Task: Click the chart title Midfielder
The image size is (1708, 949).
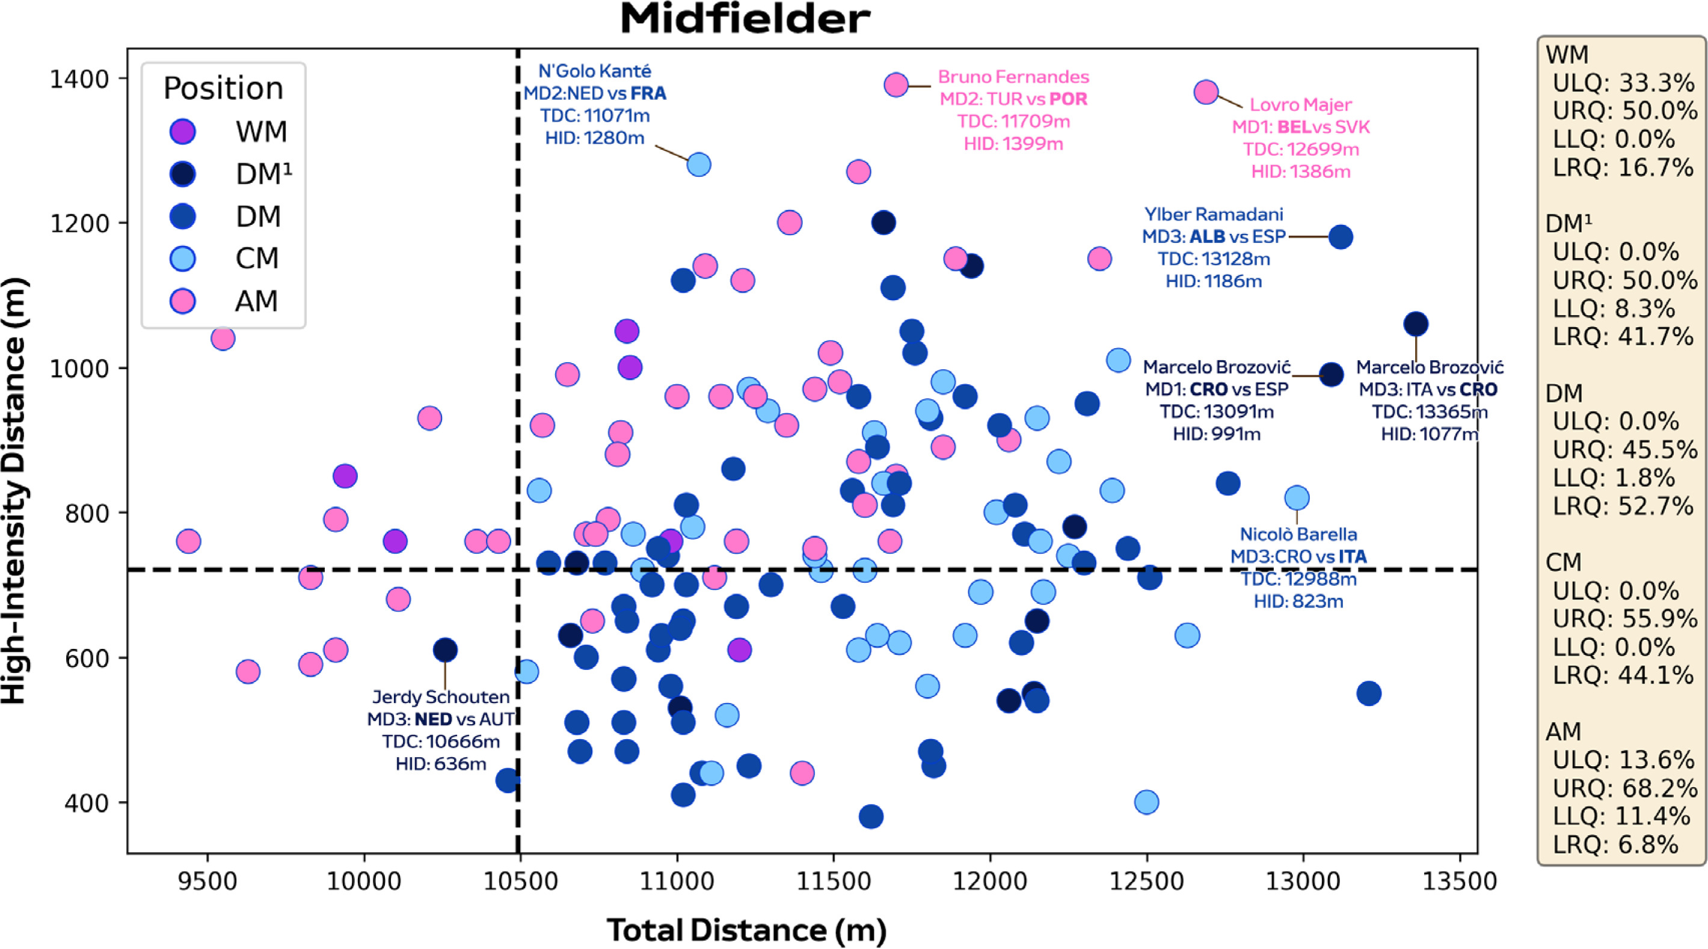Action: click(745, 20)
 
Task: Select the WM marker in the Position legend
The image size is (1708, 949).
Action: click(182, 131)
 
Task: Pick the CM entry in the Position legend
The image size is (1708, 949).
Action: click(257, 259)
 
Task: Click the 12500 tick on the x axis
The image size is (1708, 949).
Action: click(1146, 882)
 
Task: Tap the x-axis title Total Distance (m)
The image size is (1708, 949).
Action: click(746, 930)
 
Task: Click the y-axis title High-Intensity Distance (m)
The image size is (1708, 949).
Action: click(14, 491)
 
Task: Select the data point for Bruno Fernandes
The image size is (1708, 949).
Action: click(895, 85)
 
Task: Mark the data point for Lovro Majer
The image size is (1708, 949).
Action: click(1206, 92)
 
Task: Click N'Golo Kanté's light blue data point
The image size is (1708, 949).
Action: click(699, 164)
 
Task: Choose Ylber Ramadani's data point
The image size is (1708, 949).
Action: click(1341, 237)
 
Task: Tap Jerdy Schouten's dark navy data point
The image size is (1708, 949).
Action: click(445, 650)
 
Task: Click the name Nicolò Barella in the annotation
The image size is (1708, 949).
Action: click(1298, 534)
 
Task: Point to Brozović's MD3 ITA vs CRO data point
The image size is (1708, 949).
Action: click(1416, 324)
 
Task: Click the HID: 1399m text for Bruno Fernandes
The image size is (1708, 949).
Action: click(1013, 144)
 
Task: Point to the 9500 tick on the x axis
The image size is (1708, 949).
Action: click(208, 882)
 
